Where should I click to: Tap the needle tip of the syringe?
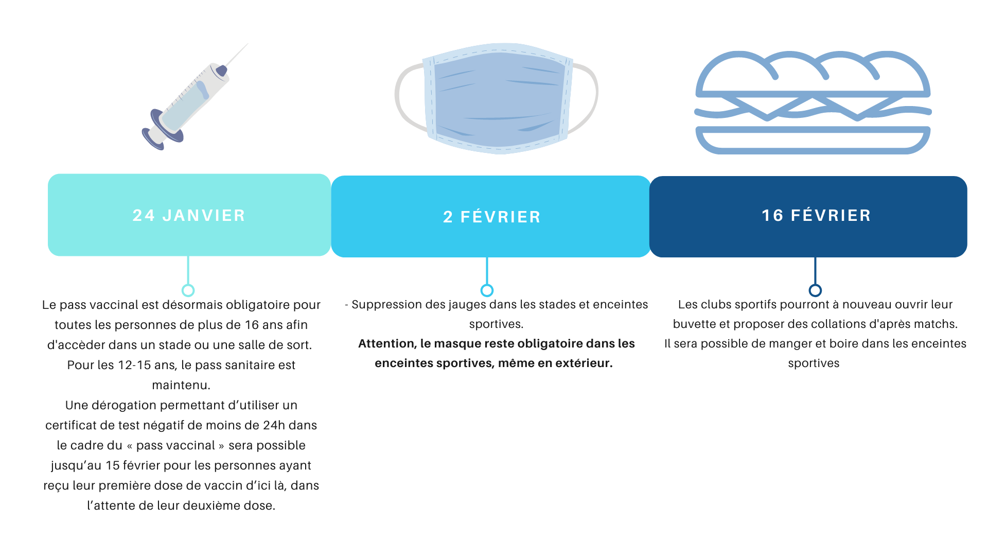pos(249,43)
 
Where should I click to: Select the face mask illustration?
pos(497,98)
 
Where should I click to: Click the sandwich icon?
pos(813,102)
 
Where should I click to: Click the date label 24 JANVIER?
pos(189,215)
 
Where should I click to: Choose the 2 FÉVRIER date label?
pos(492,217)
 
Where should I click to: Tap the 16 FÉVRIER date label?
pos(816,215)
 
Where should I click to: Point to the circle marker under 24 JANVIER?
pos(188,290)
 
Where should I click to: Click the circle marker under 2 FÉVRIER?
pos(487,290)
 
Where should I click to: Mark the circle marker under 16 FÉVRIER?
pos(815,290)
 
